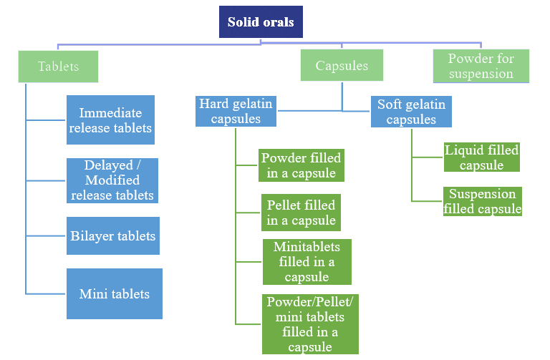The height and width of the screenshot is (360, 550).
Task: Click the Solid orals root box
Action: (x=261, y=21)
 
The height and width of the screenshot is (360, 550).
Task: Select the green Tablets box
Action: (x=58, y=67)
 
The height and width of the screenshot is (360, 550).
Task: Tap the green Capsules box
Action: (x=342, y=65)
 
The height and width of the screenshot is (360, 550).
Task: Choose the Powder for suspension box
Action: (x=481, y=66)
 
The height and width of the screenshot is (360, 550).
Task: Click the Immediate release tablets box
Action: (x=110, y=120)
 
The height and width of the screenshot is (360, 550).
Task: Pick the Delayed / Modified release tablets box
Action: (x=112, y=180)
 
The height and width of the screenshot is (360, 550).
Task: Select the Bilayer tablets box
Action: (x=113, y=235)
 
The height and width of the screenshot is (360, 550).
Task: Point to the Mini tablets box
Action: (x=115, y=293)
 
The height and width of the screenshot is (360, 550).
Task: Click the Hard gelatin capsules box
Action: (x=236, y=111)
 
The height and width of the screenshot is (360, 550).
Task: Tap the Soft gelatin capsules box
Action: (x=411, y=112)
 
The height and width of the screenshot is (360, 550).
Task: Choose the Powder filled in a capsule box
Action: (x=301, y=165)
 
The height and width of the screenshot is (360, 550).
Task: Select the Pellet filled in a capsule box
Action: (x=301, y=213)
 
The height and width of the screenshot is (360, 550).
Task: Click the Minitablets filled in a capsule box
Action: (x=307, y=262)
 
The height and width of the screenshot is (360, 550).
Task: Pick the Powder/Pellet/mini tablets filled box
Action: (x=310, y=324)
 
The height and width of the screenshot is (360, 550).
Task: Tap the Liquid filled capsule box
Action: (x=481, y=157)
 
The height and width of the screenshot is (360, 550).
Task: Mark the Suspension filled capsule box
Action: (x=482, y=201)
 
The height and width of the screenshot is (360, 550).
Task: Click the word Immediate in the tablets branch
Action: (x=110, y=113)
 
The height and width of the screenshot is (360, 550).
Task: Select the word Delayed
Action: (x=108, y=165)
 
